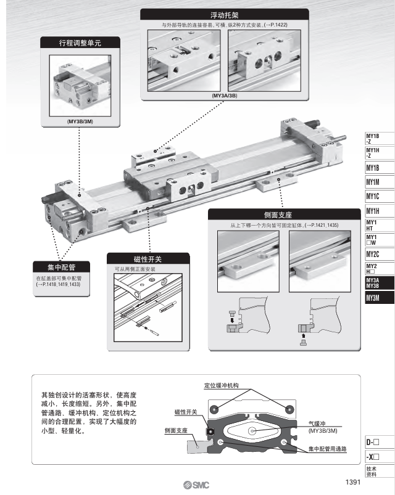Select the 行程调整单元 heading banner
click(x=79, y=43)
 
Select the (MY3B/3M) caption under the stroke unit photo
click(x=80, y=122)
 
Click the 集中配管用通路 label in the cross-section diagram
click(x=326, y=449)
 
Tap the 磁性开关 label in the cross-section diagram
click(x=186, y=411)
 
